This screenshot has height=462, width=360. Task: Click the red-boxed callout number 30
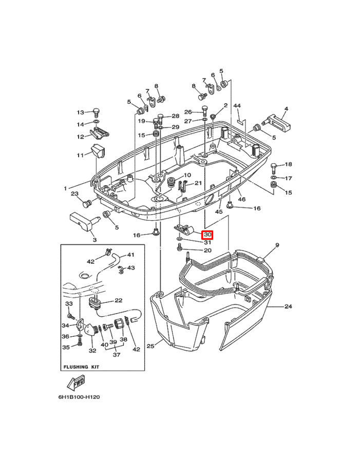tap(207, 235)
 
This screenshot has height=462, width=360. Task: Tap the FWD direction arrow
tap(76, 382)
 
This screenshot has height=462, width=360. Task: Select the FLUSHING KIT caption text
tap(81, 367)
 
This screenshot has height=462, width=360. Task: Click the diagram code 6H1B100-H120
tap(79, 397)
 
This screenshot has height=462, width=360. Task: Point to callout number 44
tap(237, 105)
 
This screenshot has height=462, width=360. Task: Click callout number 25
tap(150, 345)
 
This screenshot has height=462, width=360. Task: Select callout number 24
tap(288, 306)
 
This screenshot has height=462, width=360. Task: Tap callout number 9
tap(277, 245)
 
